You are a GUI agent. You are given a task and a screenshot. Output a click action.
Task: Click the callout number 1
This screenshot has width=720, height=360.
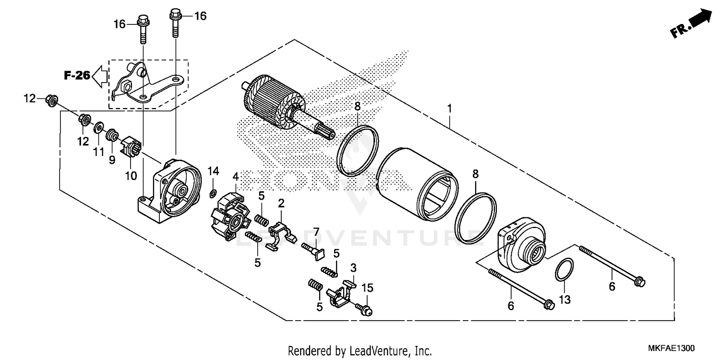[x=449, y=109]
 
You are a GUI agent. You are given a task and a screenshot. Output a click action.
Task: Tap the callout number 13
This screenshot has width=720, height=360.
[x=565, y=300]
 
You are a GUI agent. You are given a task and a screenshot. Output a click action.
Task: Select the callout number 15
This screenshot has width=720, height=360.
[x=367, y=288]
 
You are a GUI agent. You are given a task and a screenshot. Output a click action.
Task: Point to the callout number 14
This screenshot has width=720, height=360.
[x=213, y=171]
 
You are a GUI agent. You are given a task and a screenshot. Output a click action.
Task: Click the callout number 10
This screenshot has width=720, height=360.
[x=131, y=176]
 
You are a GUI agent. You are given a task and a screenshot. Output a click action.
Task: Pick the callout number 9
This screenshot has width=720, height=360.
[x=112, y=160]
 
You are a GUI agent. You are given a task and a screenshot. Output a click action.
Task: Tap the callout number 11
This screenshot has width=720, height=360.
[x=98, y=152]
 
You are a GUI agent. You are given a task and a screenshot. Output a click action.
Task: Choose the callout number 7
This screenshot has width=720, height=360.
[x=316, y=233]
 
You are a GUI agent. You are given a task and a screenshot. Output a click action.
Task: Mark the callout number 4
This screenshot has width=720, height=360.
[x=236, y=176]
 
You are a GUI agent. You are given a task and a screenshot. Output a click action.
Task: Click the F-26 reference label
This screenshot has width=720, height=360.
[x=77, y=75]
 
